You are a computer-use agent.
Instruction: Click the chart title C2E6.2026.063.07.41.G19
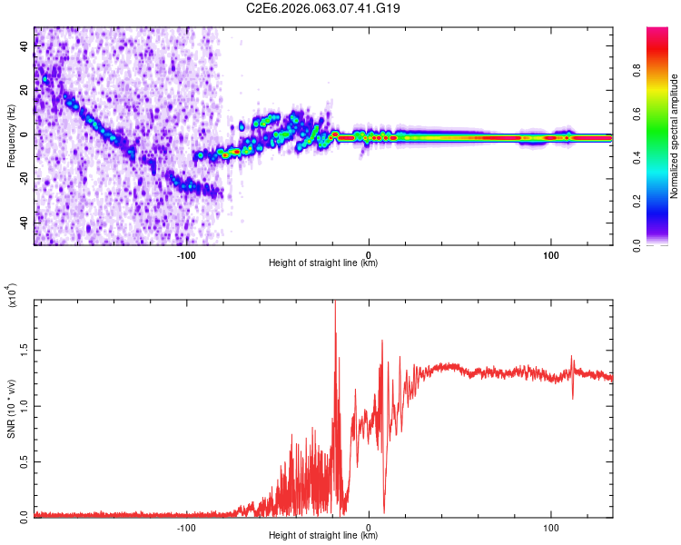click(323, 9)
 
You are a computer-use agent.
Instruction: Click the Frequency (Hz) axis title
click(10, 136)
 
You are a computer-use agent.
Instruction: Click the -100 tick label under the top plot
click(186, 253)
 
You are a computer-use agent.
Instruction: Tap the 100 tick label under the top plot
click(550, 253)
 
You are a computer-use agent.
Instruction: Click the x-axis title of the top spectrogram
click(323, 263)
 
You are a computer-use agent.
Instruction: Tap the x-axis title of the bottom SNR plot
click(323, 536)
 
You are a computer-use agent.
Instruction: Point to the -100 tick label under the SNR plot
click(186, 526)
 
